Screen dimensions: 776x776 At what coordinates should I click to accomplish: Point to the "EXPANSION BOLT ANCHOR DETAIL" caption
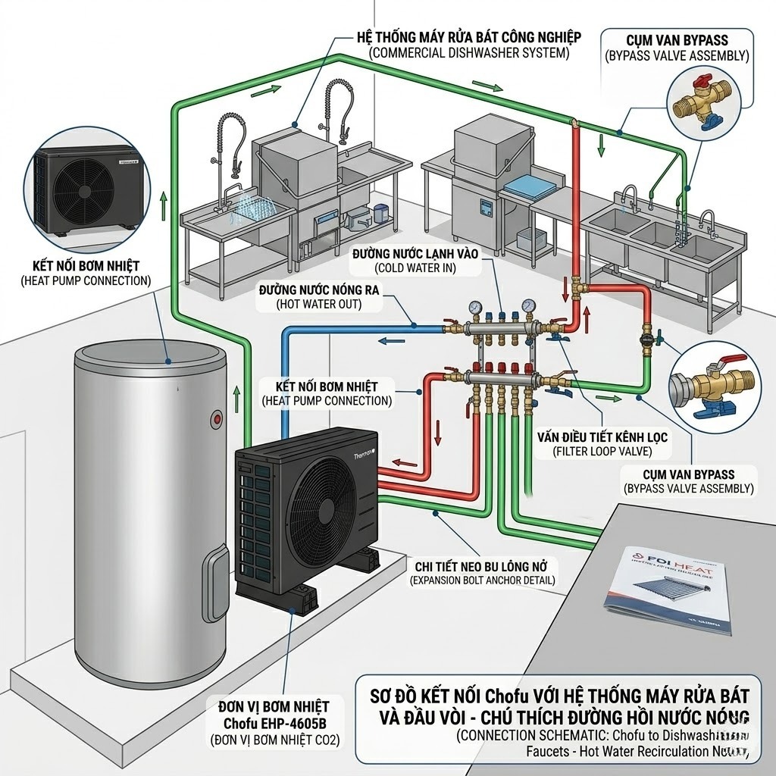point(482,580)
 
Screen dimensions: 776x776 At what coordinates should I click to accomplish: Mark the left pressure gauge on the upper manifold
point(475,308)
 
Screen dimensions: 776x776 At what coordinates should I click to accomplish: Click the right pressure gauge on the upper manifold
point(527,308)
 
